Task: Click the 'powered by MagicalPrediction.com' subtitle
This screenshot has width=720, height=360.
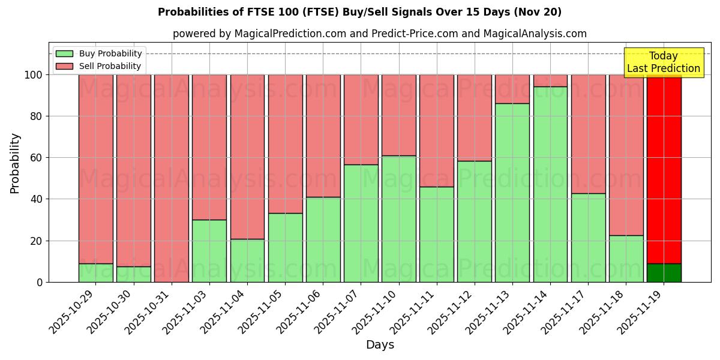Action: point(379,34)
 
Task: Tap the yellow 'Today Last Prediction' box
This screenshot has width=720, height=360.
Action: point(663,62)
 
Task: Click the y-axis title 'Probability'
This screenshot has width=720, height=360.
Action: point(15,163)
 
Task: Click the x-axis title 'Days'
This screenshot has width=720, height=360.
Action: point(380,344)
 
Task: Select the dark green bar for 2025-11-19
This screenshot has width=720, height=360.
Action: point(664,272)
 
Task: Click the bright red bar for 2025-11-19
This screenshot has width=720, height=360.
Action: point(664,169)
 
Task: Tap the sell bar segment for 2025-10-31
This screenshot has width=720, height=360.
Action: point(172,178)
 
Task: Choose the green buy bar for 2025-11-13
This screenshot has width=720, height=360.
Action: point(512,193)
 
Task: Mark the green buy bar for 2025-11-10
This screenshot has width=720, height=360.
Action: point(398,218)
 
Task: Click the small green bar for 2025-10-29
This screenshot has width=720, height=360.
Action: point(96,272)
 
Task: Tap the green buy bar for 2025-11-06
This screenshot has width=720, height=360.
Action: point(323,239)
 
